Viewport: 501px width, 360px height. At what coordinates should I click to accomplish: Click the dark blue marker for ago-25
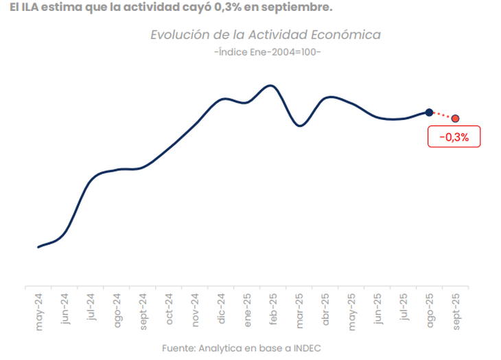click(429, 112)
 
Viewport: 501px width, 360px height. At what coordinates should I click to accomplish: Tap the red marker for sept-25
click(455, 119)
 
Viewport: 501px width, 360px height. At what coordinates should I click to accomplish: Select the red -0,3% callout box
click(453, 137)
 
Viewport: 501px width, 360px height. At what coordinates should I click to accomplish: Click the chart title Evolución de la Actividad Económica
click(265, 35)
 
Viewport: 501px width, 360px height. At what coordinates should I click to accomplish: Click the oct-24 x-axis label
click(169, 311)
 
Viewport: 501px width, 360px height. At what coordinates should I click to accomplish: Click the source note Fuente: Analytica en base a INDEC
click(242, 348)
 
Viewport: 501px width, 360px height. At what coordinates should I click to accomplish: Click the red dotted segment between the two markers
click(442, 115)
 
